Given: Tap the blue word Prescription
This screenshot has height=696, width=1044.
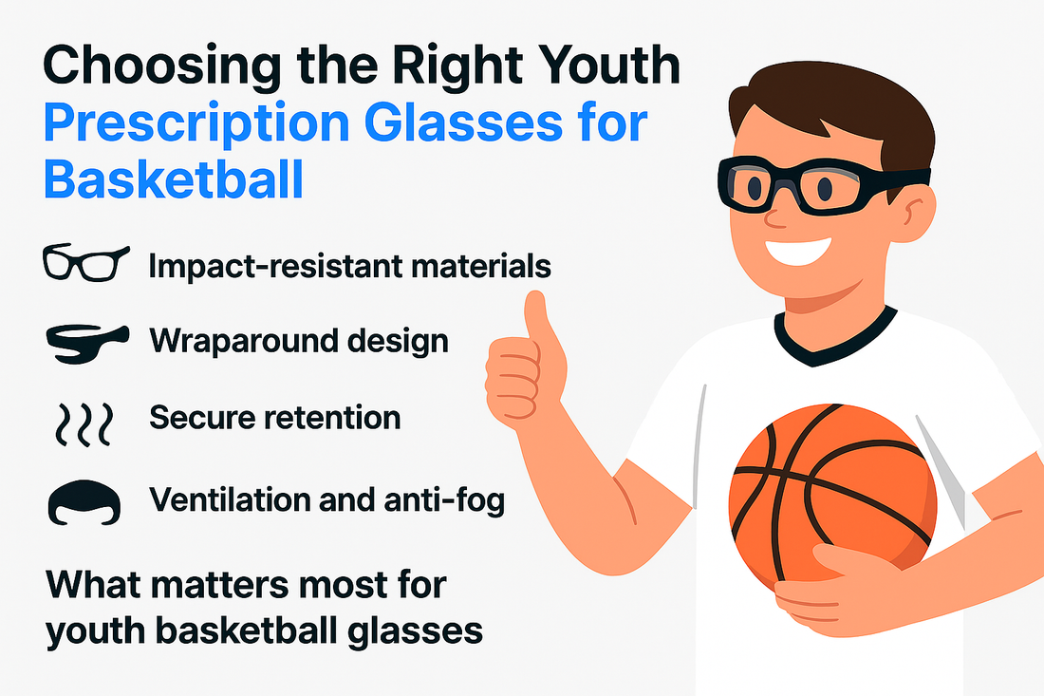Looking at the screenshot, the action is tap(196, 123).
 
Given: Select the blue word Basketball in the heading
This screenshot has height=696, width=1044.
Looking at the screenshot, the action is tap(174, 179).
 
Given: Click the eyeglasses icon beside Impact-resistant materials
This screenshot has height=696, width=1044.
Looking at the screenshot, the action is tap(85, 262).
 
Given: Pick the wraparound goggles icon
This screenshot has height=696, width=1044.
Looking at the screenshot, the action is tap(86, 344).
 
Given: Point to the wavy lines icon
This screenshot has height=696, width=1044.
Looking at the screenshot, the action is tap(84, 423).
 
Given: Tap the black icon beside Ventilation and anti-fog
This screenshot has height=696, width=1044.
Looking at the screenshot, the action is tap(84, 502).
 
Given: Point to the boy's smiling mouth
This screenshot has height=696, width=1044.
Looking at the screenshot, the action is tap(798, 250).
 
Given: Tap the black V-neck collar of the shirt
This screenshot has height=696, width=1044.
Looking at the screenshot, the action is tap(835, 340).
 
